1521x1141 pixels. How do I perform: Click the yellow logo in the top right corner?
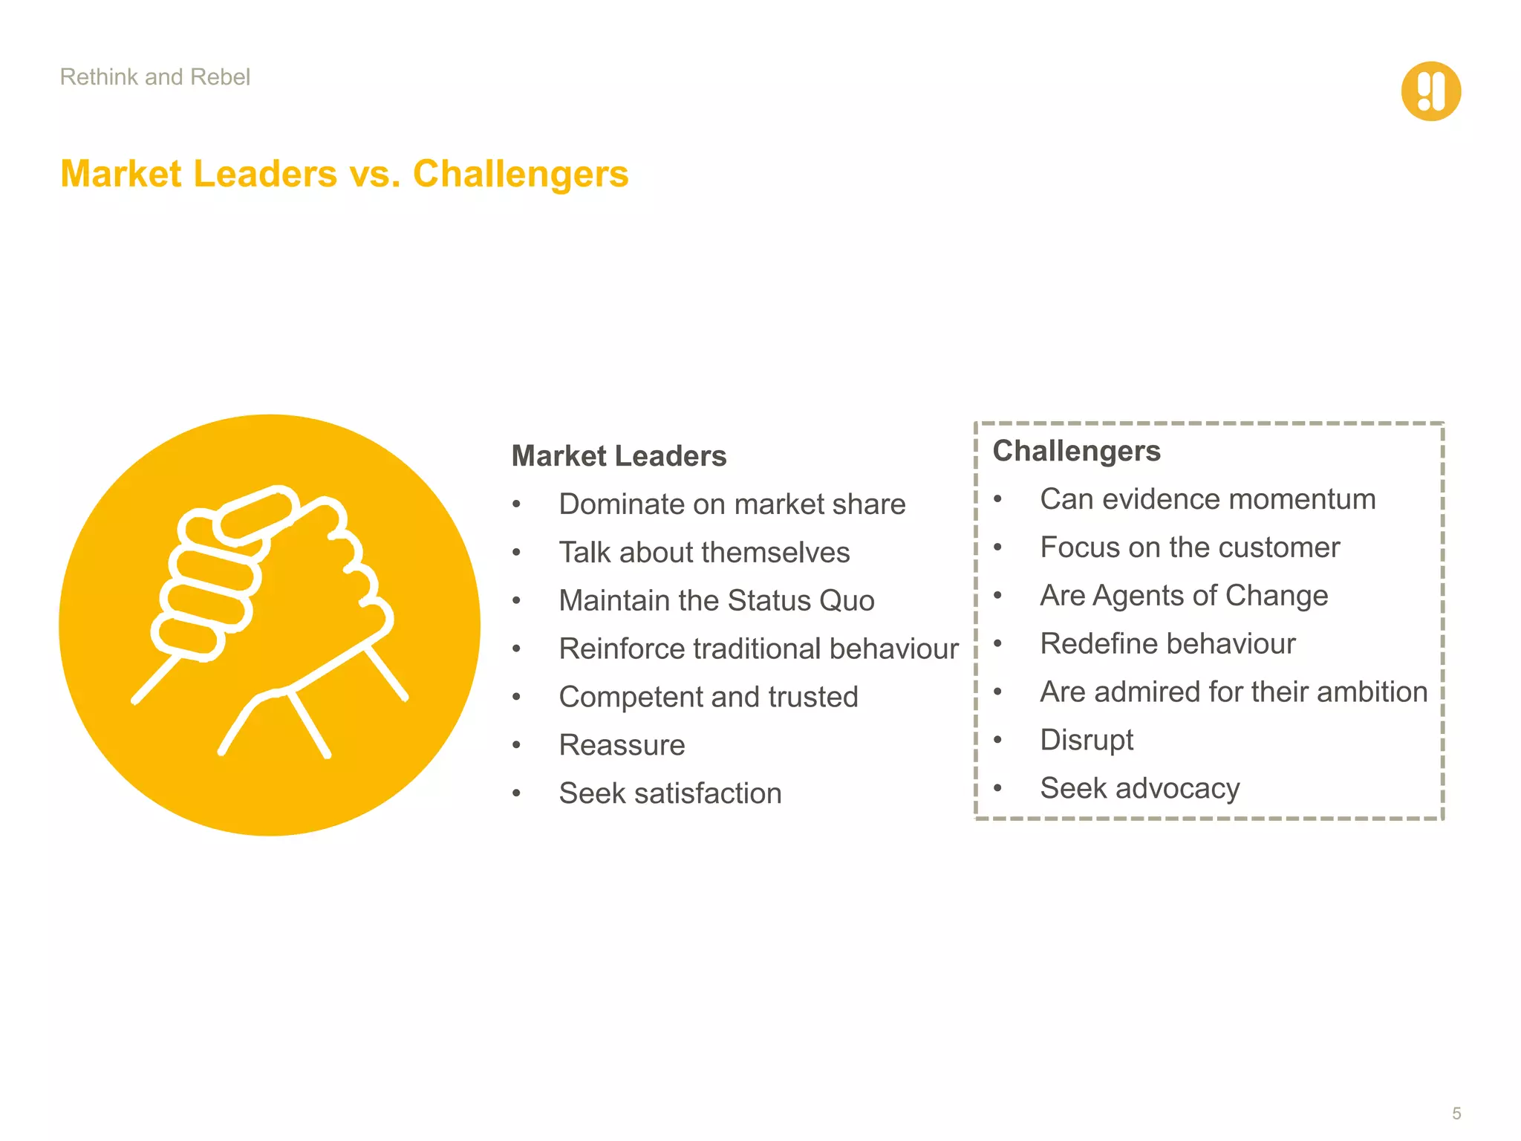point(1430,91)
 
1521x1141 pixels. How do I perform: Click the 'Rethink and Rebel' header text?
point(154,77)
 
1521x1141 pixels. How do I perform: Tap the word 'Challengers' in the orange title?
point(521,174)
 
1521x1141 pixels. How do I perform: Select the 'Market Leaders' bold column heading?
point(619,456)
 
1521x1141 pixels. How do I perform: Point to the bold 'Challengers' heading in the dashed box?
point(1076,451)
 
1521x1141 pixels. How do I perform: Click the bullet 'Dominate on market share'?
point(732,504)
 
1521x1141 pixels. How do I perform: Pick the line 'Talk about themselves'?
point(704,553)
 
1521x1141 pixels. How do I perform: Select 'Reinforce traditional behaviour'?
point(758,648)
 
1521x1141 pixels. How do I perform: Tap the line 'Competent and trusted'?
point(708,697)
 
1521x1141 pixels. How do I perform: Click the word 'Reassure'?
point(622,745)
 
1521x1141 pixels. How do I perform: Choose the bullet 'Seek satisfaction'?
point(670,793)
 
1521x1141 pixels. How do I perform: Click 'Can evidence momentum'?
point(1208,499)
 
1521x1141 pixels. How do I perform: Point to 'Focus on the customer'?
point(1190,547)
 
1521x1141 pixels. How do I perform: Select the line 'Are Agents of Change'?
point(1184,596)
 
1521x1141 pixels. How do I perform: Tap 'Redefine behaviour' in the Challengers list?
point(1167,644)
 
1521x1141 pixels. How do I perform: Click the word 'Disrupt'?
point(1087,740)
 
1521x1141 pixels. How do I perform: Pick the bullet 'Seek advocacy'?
point(1140,788)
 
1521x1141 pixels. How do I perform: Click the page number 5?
point(1456,1114)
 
